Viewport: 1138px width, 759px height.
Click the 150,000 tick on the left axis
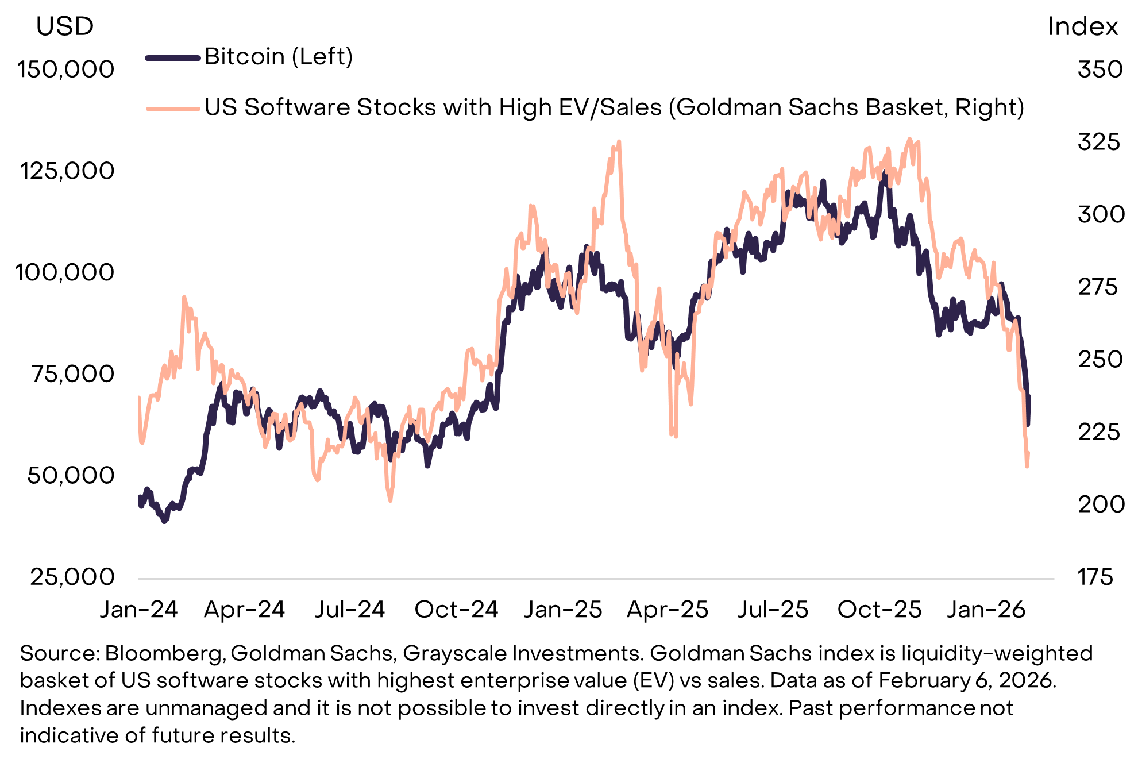tap(65, 70)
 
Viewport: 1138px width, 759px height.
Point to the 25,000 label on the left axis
tap(72, 577)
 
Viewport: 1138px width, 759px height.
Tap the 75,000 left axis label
tap(73, 374)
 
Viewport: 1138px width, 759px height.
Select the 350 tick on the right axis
tap(1100, 70)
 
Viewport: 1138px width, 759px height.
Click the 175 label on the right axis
tap(1095, 577)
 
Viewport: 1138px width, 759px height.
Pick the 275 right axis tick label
tap(1098, 287)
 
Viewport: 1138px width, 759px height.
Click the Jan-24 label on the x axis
tap(139, 610)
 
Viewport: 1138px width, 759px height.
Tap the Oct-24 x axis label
tap(456, 610)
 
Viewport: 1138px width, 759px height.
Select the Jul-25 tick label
tap(773, 610)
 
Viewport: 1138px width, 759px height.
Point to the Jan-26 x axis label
tap(986, 610)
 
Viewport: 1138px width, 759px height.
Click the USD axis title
tap(64, 26)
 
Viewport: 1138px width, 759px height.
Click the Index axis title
tap(1082, 26)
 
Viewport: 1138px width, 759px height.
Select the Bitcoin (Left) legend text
tap(279, 57)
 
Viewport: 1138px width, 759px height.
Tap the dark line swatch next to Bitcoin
tap(173, 57)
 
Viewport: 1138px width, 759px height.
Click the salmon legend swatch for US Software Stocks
tap(173, 108)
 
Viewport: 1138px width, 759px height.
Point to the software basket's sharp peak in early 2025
tap(618, 142)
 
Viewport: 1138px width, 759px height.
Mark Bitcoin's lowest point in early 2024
tap(165, 521)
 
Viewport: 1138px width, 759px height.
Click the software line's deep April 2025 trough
tap(671, 434)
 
